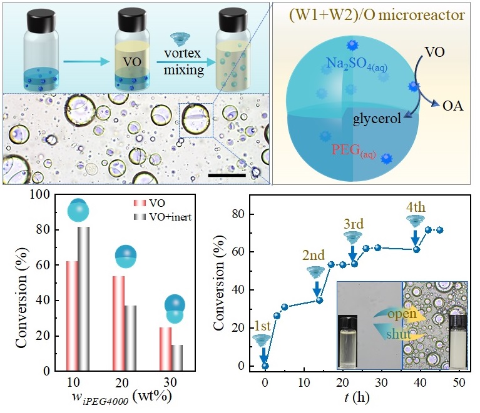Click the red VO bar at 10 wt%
(x=72, y=316)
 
